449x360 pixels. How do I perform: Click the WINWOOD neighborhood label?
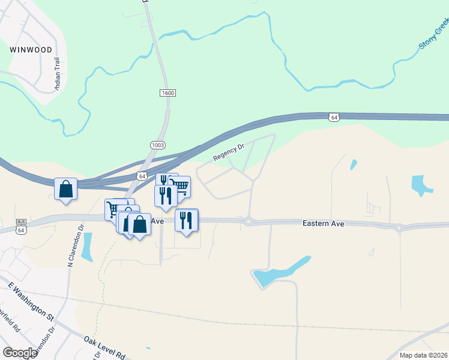[x=31, y=50]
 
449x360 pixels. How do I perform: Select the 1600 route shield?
[x=167, y=93]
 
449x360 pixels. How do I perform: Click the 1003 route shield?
[x=158, y=145]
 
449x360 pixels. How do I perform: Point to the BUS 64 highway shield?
[x=21, y=227]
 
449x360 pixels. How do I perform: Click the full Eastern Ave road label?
[x=323, y=223]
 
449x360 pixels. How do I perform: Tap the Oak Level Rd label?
[x=104, y=347]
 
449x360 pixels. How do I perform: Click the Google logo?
[x=20, y=353]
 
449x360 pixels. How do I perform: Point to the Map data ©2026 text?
[x=423, y=355]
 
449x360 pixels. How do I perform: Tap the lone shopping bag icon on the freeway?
[x=65, y=189]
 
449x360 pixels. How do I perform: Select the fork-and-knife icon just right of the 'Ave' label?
[x=187, y=220]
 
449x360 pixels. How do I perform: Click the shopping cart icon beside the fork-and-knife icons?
[x=179, y=187]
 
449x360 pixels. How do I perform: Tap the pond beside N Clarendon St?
[x=87, y=247]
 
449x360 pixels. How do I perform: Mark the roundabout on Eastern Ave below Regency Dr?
[x=248, y=222]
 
